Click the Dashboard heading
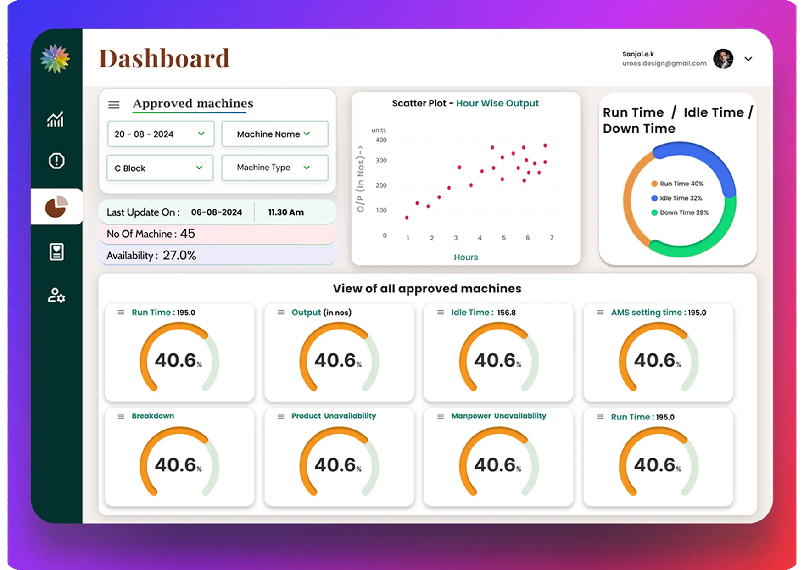tap(164, 59)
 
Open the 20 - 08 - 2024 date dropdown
tap(161, 134)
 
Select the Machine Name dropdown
tap(274, 134)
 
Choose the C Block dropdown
tap(160, 168)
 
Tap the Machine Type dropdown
tap(274, 168)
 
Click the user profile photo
tap(723, 59)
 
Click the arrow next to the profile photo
tap(748, 59)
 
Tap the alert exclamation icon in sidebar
tap(56, 161)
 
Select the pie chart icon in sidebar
tap(56, 207)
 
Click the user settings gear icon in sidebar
tap(56, 295)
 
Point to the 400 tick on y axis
tap(381, 140)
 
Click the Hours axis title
tap(465, 257)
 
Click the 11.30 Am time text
tap(285, 212)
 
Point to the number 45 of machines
tap(187, 234)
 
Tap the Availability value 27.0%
tap(179, 255)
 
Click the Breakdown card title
tap(153, 416)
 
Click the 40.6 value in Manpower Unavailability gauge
tap(496, 465)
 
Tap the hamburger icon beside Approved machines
tap(114, 105)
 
